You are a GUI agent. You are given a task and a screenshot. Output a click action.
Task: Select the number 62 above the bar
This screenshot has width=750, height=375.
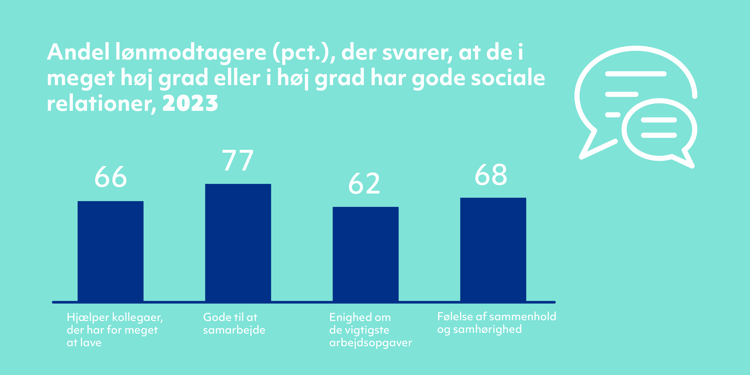point(364,183)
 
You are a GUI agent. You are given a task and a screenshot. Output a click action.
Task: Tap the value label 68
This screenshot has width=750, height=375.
point(491,175)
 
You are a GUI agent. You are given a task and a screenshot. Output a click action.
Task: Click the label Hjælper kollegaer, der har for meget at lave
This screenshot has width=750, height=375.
point(115,330)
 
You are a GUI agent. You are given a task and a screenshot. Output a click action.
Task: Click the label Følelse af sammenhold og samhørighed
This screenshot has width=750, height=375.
point(497,323)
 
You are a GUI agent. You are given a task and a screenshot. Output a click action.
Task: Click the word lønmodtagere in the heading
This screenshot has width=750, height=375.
point(191,53)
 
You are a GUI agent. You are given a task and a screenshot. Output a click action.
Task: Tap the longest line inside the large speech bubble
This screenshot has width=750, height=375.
point(636,74)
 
